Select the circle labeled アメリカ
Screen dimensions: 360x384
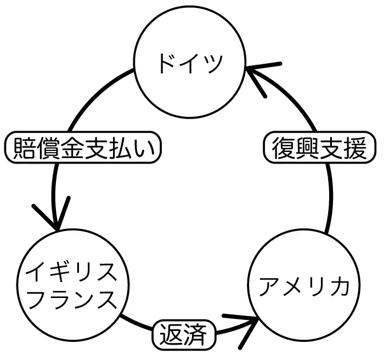[x=303, y=287]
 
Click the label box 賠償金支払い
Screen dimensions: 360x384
[x=84, y=148]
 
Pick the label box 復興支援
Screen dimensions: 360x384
[x=318, y=148]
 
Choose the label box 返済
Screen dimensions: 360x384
[x=183, y=334]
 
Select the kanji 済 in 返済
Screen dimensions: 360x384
[x=197, y=334]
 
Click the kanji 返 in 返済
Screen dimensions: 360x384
[x=170, y=334]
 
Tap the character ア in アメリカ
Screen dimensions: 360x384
[x=268, y=287]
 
